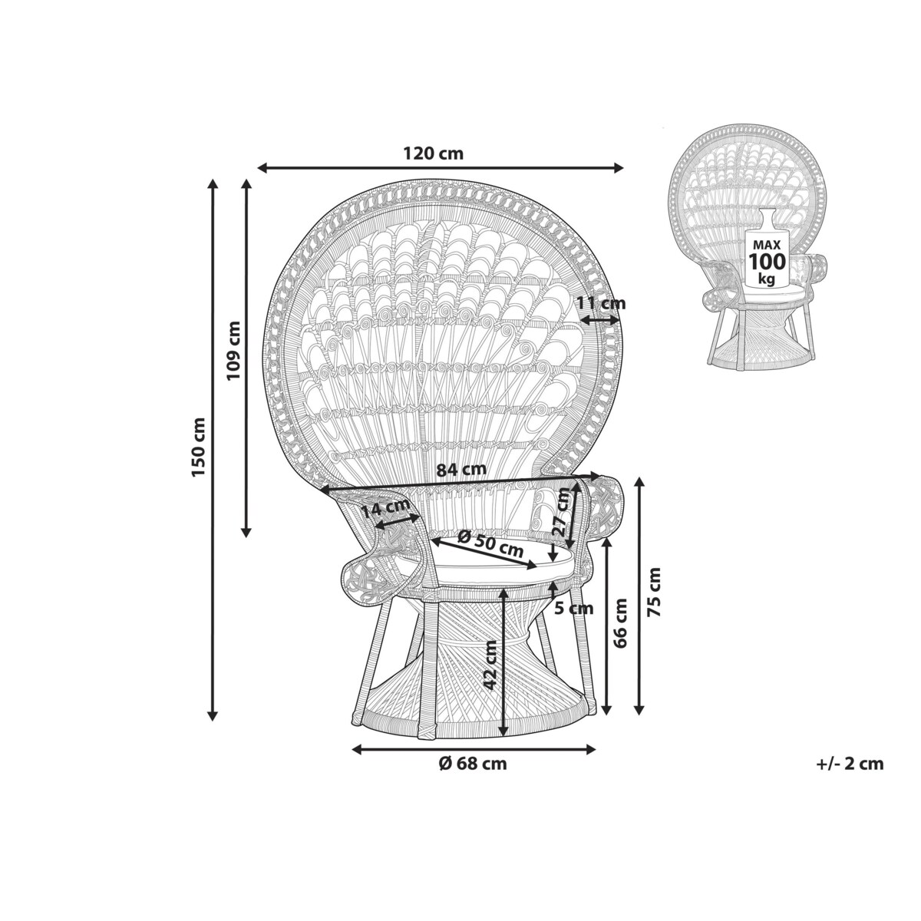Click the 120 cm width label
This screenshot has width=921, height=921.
point(434,153)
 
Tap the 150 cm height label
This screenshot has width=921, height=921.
point(198,447)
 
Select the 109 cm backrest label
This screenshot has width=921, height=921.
point(233,350)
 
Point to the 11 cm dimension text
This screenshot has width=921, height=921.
point(601,302)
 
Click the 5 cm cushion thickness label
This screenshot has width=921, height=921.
point(575,609)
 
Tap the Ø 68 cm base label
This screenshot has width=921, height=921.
point(472,777)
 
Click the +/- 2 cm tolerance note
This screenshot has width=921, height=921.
point(850,777)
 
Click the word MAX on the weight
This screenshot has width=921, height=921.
point(767,245)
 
